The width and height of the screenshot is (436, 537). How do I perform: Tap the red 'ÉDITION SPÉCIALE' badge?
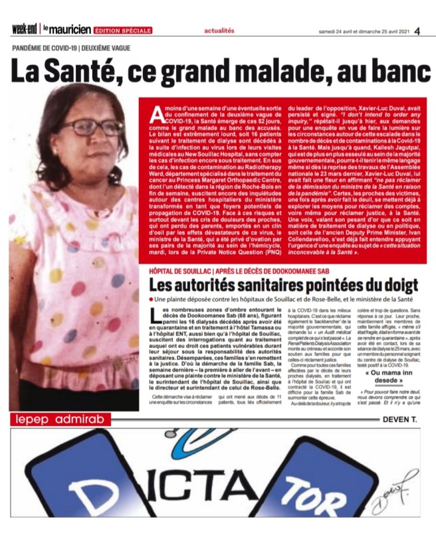pyautogui.click(x=123, y=31)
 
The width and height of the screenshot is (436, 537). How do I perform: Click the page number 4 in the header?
pyautogui.click(x=416, y=31)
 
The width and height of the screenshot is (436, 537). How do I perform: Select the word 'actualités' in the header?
pyautogui.click(x=219, y=31)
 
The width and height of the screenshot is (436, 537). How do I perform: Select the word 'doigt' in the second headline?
pyautogui.click(x=395, y=287)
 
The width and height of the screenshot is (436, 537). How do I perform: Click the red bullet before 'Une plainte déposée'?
pyautogui.click(x=152, y=301)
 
